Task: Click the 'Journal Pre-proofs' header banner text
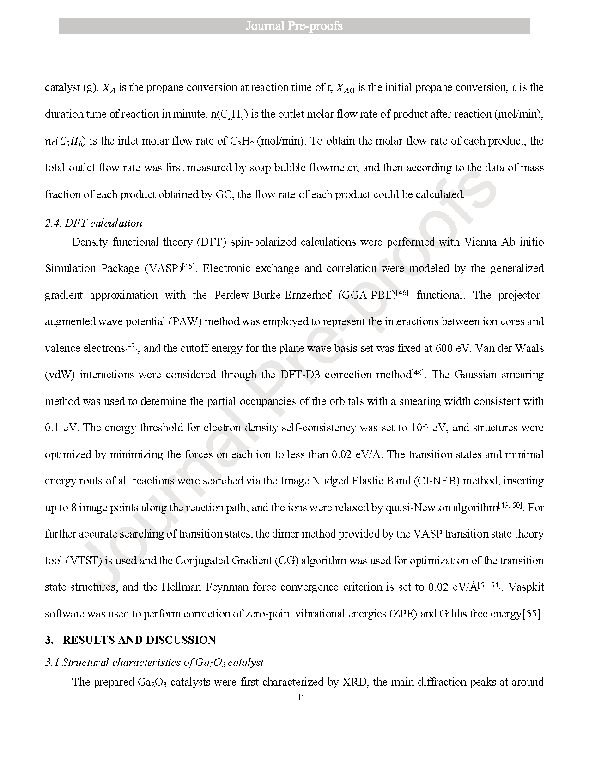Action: click(294, 26)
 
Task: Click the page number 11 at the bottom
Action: click(300, 697)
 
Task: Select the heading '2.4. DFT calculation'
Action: click(93, 223)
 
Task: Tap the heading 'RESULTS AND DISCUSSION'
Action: click(139, 640)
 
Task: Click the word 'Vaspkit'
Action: click(527, 587)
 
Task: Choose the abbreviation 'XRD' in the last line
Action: click(355, 682)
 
